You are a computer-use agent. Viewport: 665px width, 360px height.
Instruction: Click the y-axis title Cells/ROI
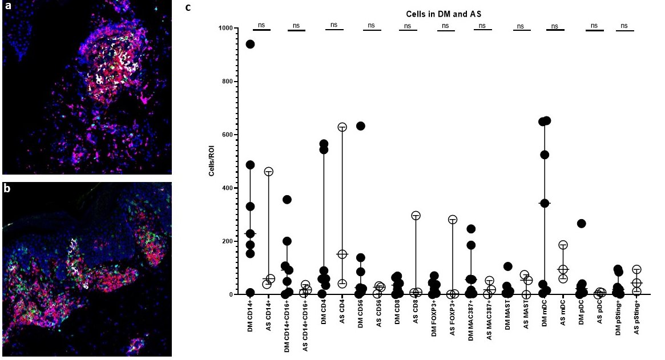(212, 161)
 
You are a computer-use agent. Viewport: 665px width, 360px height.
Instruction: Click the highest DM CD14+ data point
(250, 44)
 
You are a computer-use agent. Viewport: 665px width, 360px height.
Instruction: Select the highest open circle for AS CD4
(342, 127)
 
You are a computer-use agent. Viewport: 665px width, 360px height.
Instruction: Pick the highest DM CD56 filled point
(360, 126)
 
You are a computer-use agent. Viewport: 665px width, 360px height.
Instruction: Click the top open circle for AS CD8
(416, 215)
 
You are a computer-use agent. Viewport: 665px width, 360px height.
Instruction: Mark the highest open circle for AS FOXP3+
(453, 219)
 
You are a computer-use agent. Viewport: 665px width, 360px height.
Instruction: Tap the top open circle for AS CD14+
(269, 171)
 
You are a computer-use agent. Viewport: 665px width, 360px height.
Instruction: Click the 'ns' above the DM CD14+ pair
(262, 25)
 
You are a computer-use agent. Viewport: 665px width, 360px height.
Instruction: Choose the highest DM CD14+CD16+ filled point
(287, 199)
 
